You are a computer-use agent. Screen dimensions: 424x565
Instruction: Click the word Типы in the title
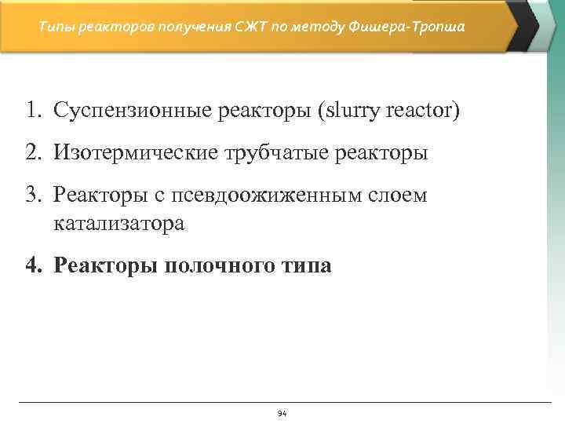54,27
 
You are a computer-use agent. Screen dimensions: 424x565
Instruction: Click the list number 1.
32,111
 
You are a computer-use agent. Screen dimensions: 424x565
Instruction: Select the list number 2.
32,153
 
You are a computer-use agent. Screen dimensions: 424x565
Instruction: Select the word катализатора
119,224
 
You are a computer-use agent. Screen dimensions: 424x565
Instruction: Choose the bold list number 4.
32,266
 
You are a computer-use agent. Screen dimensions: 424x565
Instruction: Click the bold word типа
307,266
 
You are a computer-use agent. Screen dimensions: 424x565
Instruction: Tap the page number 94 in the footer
282,413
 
